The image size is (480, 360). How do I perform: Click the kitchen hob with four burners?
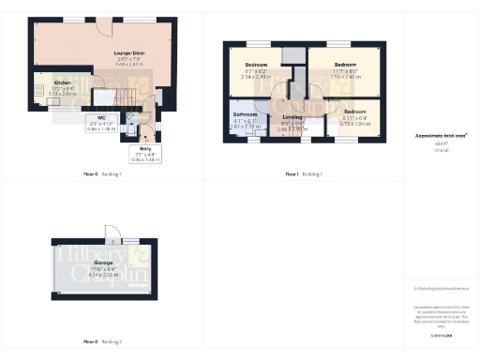click(x=39, y=91)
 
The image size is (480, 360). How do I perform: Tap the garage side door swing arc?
click(x=111, y=232)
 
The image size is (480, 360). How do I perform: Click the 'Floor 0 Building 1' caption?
click(x=98, y=173)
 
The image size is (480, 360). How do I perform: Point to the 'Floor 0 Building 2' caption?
click(x=98, y=341)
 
